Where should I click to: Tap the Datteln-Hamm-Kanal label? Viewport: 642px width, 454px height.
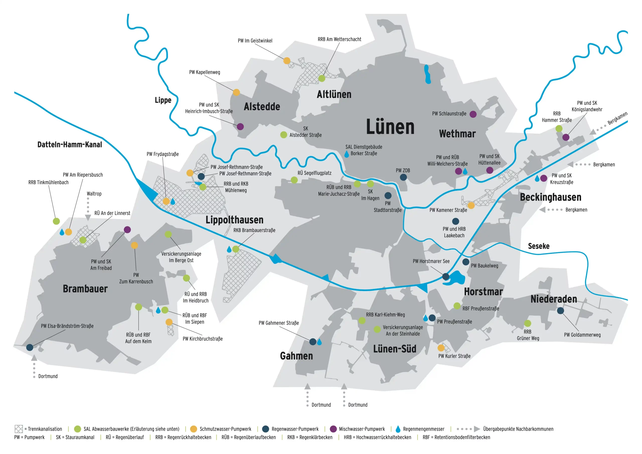coord(70,145)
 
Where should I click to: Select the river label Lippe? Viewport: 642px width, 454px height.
coord(163,100)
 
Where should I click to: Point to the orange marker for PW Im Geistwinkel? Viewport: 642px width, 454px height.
coord(287,61)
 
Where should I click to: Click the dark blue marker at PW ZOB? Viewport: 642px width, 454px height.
coord(403,177)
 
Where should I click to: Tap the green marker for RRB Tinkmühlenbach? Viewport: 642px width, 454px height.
coord(56,221)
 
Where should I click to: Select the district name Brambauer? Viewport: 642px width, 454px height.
coord(85,289)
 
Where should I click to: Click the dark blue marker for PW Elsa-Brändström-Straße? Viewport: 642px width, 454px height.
coord(30,347)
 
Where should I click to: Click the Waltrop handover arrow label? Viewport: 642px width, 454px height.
coord(94,194)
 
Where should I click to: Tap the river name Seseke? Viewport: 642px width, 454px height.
coord(538,246)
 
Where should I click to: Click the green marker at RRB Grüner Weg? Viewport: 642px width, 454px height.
coord(527,324)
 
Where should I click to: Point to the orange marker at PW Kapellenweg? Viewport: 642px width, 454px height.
coord(236,92)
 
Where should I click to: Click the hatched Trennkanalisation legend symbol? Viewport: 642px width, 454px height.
coord(19,429)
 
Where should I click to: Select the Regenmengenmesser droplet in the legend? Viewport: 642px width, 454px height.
coord(398,429)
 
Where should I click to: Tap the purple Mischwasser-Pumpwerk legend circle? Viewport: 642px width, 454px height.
coord(333,429)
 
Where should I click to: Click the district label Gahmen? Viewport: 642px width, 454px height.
coord(296,356)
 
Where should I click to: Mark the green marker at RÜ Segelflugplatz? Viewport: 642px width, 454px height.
coord(294,180)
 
